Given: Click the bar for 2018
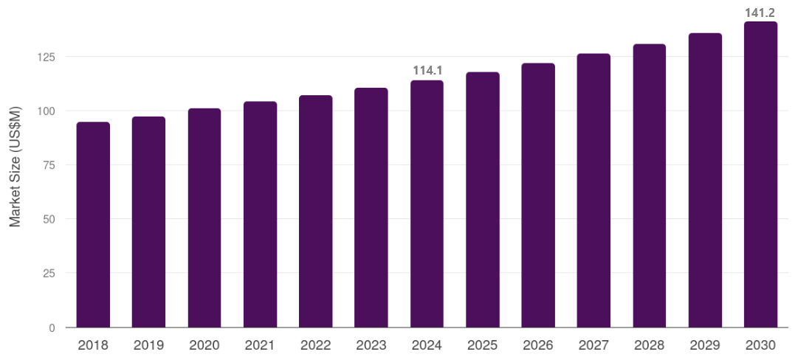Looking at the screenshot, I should click(93, 225).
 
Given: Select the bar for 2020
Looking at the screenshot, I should click(204, 218).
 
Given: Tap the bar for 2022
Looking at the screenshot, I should click(315, 212).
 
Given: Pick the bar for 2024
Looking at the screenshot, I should click(427, 204).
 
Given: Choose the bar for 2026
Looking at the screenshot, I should click(538, 195).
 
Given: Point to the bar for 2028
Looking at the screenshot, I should click(650, 186).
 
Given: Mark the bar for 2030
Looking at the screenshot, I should click(760, 175).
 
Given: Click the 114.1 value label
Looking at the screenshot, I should click(427, 71).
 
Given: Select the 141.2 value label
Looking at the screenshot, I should click(760, 12).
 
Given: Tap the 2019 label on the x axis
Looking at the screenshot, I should click(148, 345).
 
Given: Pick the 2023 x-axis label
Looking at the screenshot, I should click(371, 345).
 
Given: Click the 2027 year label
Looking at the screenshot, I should click(593, 345).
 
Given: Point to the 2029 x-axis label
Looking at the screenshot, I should click(705, 345).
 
